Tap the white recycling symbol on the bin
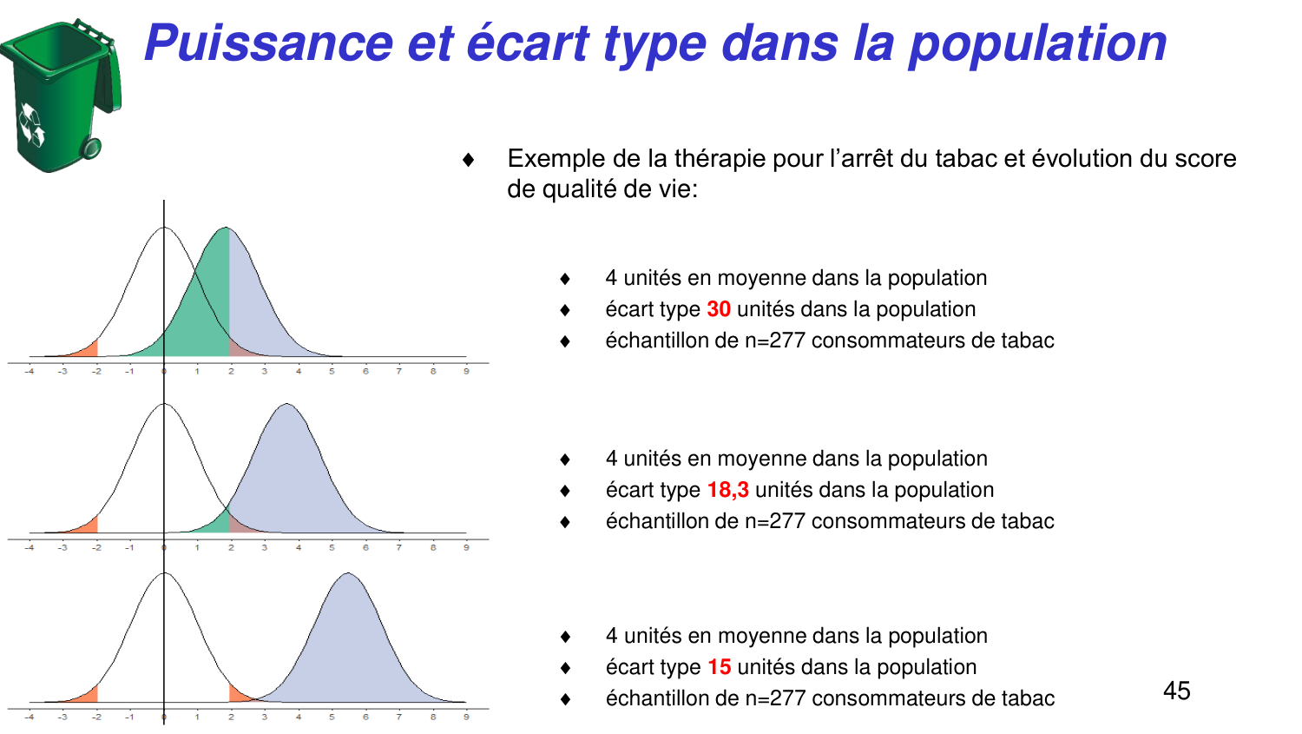click(32, 125)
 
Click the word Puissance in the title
click(269, 43)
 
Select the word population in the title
click(1037, 43)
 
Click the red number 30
click(719, 309)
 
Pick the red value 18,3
click(727, 490)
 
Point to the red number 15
click(720, 667)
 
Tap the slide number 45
click(1176, 691)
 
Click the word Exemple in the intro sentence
click(556, 159)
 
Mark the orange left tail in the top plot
click(88, 350)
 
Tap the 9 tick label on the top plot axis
click(466, 371)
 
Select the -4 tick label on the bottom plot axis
click(30, 717)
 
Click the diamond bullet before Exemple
click(469, 160)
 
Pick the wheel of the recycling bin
click(90, 149)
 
